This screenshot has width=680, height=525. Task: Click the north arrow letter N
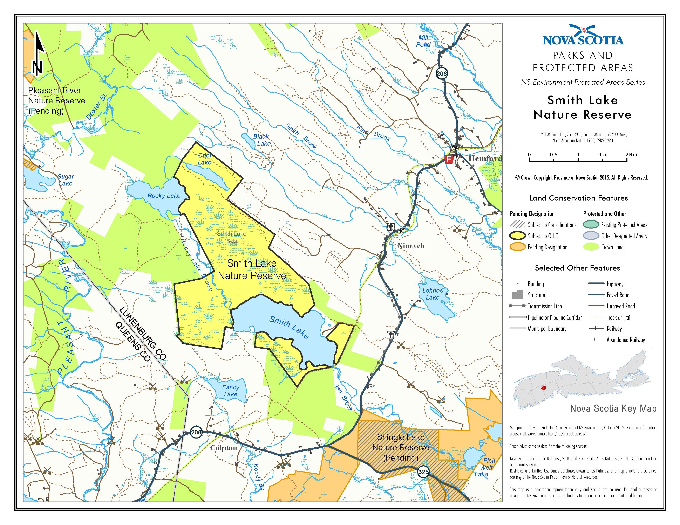pyautogui.click(x=37, y=68)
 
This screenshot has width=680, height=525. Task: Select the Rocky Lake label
pyautogui.click(x=164, y=196)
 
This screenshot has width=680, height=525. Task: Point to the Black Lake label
pyautogui.click(x=262, y=140)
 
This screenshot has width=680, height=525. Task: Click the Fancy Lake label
pyautogui.click(x=230, y=391)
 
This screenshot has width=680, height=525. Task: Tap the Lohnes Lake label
pyautogui.click(x=433, y=294)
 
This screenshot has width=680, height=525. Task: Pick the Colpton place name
pyautogui.click(x=223, y=448)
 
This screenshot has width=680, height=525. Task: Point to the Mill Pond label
pyautogui.click(x=423, y=41)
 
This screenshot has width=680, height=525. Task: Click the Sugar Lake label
pyautogui.click(x=66, y=180)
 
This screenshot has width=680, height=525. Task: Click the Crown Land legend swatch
pyautogui.click(x=591, y=247)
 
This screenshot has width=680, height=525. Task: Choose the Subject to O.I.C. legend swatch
pyautogui.click(x=517, y=236)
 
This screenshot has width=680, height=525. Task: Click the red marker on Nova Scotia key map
pyautogui.click(x=544, y=388)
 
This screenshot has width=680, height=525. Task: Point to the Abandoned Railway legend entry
pyautogui.click(x=626, y=340)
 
